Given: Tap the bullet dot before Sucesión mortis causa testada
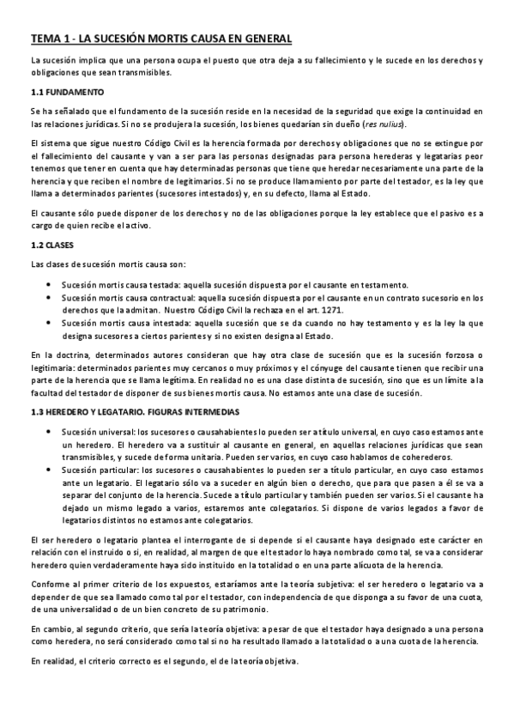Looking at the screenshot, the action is pos(52,284).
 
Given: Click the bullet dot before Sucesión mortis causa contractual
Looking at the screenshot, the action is pos(52,296).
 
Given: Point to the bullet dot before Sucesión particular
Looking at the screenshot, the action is pos(52,471).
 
